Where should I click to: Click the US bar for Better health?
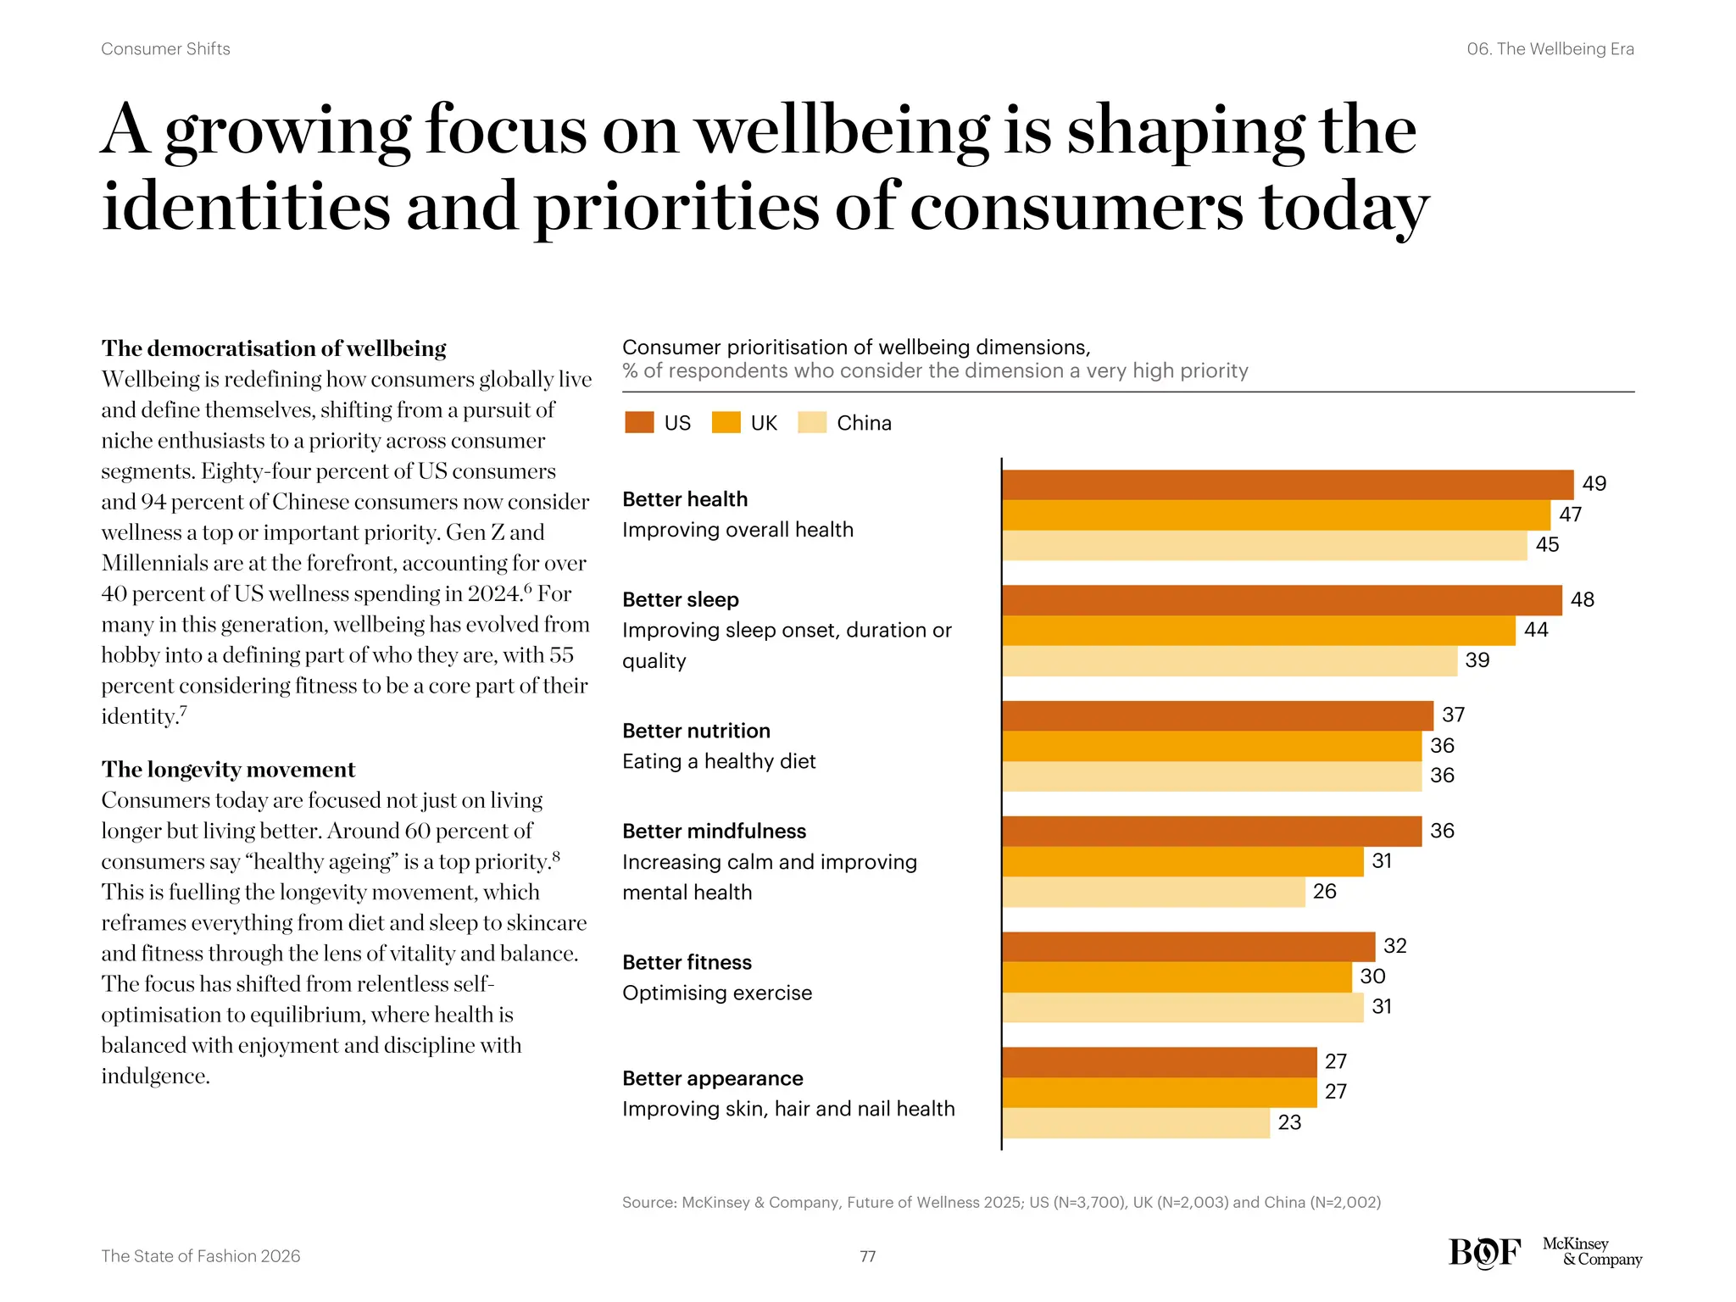(1287, 485)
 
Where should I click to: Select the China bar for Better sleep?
(1229, 661)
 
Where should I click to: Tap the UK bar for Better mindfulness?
(1182, 861)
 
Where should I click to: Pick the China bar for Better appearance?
(1136, 1122)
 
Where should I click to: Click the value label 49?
(1594, 484)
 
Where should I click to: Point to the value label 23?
(1289, 1122)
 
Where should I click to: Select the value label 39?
(1477, 660)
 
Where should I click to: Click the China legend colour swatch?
(812, 422)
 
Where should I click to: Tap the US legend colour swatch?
(639, 422)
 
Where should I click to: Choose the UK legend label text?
(764, 423)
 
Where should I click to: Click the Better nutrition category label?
(696, 731)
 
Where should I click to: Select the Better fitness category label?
(687, 962)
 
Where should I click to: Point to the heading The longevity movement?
(228, 770)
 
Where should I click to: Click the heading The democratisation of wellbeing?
(274, 348)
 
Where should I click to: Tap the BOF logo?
(1484, 1253)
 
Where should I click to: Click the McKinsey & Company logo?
(1591, 1252)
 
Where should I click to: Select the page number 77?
(867, 1256)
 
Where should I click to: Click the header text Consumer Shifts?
(165, 49)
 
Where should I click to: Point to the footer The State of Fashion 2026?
(200, 1256)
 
